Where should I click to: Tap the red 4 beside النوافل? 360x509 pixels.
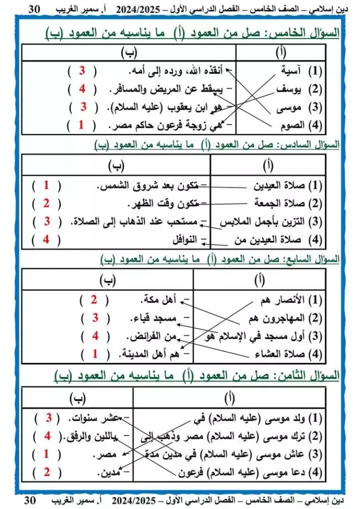[47, 240]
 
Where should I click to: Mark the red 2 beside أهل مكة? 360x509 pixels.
[94, 300]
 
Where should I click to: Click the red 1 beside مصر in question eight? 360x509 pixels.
[47, 454]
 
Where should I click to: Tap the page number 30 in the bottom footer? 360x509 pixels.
[30, 500]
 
